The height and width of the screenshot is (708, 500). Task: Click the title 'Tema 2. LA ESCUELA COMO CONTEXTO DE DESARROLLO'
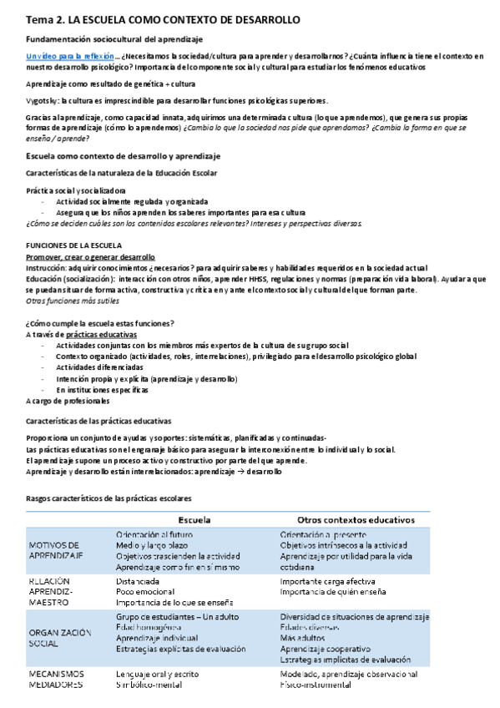(x=164, y=19)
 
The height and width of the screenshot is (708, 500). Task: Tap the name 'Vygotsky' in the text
(x=42, y=99)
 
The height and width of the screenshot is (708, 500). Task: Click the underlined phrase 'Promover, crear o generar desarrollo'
(x=90, y=258)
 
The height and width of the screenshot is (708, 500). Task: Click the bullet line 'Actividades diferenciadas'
(x=101, y=367)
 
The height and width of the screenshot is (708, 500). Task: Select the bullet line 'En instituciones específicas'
(x=103, y=389)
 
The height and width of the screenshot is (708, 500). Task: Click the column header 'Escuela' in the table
(x=194, y=519)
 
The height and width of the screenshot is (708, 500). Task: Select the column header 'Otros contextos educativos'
(x=351, y=519)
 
